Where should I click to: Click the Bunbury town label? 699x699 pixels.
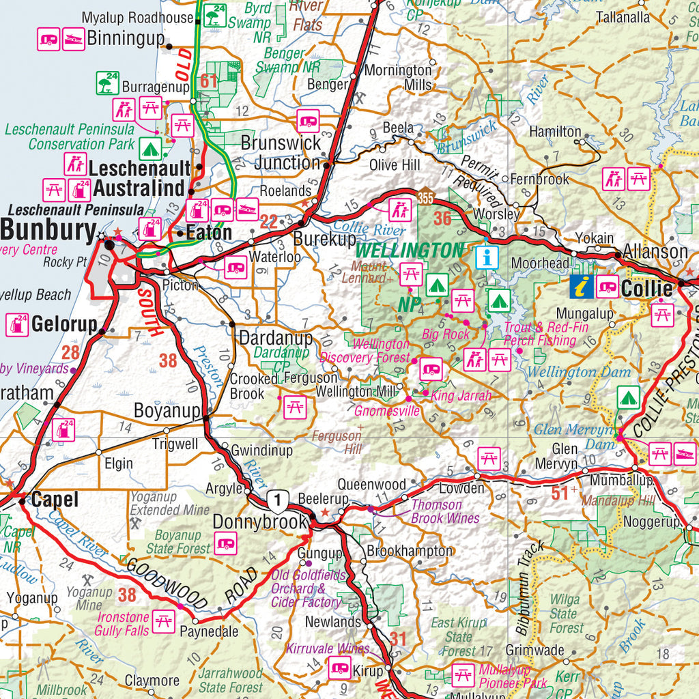48,230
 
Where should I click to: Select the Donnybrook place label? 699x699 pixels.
260,522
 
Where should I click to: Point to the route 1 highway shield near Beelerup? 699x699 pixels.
277,501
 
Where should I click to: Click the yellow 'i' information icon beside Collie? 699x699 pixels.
582,287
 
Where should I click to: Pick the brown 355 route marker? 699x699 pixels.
426,198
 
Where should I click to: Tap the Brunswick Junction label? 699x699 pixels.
281,153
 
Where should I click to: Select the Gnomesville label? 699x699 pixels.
386,411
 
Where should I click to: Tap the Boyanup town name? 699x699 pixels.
167,411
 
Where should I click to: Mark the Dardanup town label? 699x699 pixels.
275,337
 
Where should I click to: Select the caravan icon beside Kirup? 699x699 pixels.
339,668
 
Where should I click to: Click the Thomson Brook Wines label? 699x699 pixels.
444,511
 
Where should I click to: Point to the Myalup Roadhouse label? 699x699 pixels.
137,18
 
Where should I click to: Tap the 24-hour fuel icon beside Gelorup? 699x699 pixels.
17,325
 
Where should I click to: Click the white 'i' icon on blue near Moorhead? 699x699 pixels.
486,257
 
